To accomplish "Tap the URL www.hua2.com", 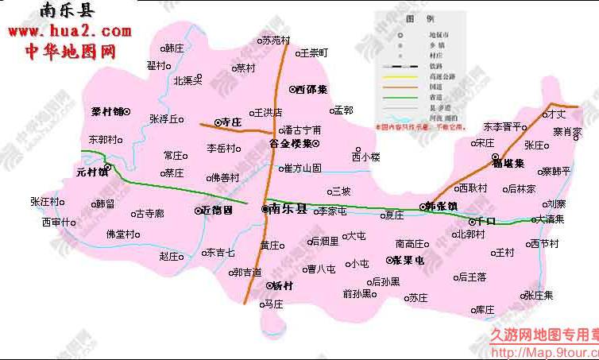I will click(x=69, y=32).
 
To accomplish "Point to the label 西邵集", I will click(x=311, y=90).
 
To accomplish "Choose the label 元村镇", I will click(x=92, y=171).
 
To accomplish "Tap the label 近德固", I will click(x=217, y=211).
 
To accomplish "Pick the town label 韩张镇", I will click(x=442, y=206).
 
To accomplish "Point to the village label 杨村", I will click(x=283, y=285).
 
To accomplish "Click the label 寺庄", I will click(x=230, y=122).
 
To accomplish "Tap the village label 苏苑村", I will click(x=276, y=40).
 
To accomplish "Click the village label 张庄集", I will click(x=539, y=294).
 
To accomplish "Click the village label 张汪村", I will click(x=44, y=201).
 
